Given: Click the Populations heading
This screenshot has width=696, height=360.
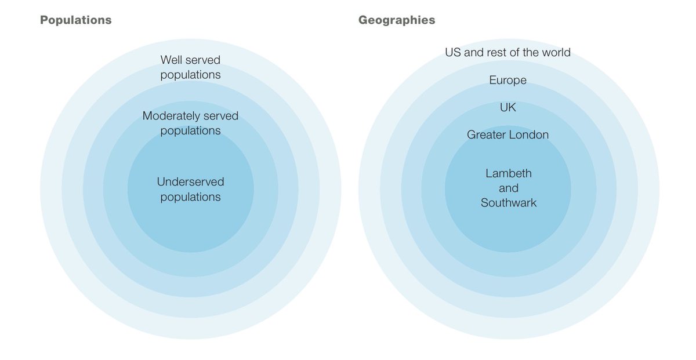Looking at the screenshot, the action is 75,20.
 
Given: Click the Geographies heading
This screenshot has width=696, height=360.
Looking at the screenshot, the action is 396,20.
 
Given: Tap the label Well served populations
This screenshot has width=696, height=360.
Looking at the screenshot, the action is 190,67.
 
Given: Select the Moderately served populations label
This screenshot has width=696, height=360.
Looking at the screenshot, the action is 190,123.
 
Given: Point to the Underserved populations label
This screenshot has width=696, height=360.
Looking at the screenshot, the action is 190,189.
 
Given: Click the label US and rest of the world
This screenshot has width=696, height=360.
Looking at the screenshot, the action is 507,52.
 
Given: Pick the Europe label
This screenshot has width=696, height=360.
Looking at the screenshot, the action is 507,80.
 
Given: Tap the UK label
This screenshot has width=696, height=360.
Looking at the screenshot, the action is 507,108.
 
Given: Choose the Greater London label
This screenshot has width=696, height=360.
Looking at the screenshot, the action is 507,134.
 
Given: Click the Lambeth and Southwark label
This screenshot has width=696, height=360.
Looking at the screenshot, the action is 508,188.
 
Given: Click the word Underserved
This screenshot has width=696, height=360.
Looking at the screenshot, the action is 190,181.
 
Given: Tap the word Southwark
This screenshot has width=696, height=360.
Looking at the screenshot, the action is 509,203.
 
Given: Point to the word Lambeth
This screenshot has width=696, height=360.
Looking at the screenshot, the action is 508,173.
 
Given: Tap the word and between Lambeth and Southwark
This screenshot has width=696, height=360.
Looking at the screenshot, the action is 508,188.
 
